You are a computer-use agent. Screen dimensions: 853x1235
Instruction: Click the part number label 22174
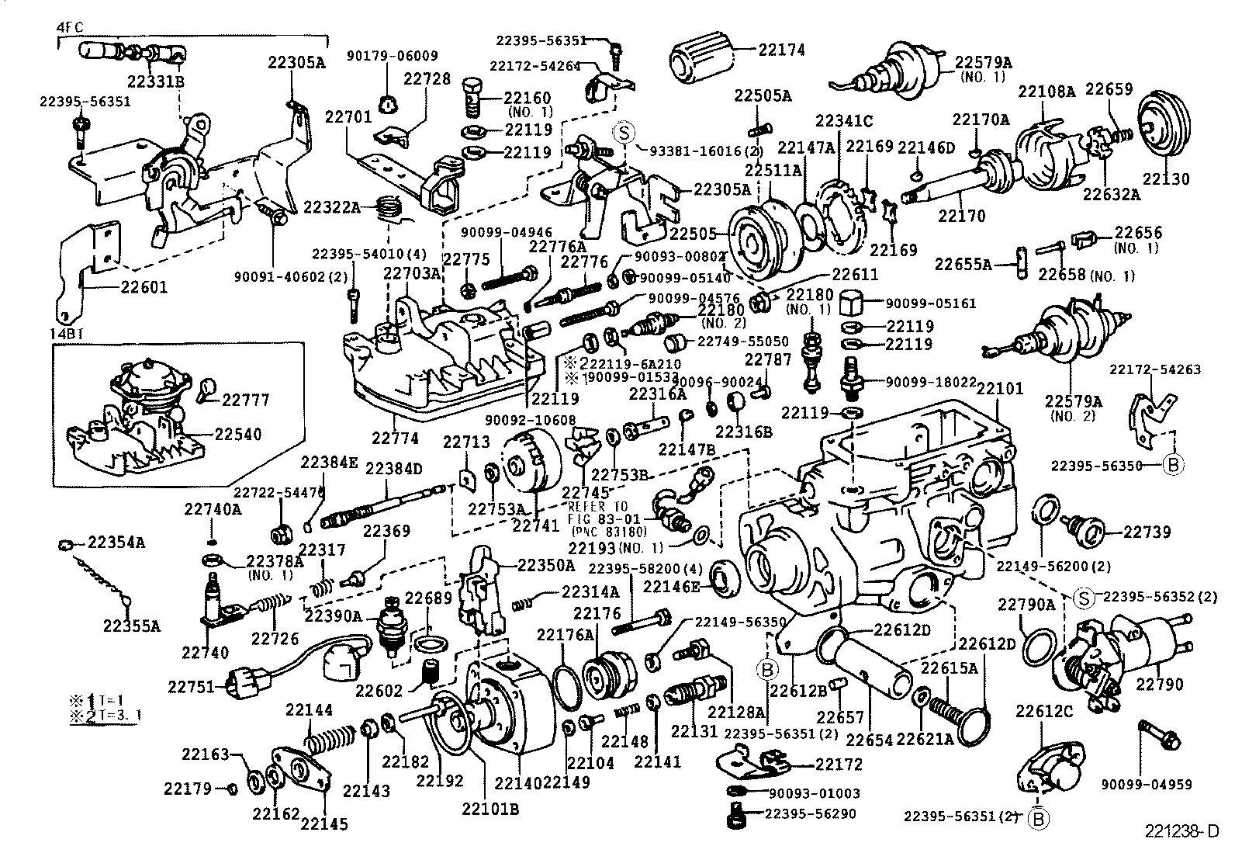pos(781,50)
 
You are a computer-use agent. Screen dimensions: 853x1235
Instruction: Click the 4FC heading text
pos(70,26)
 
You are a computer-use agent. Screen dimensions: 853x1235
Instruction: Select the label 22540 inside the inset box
pos(238,435)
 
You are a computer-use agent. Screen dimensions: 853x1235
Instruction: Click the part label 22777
pos(246,400)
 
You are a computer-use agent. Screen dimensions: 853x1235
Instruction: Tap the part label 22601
pos(144,287)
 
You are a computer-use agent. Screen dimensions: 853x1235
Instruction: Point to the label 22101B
pos(490,810)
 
